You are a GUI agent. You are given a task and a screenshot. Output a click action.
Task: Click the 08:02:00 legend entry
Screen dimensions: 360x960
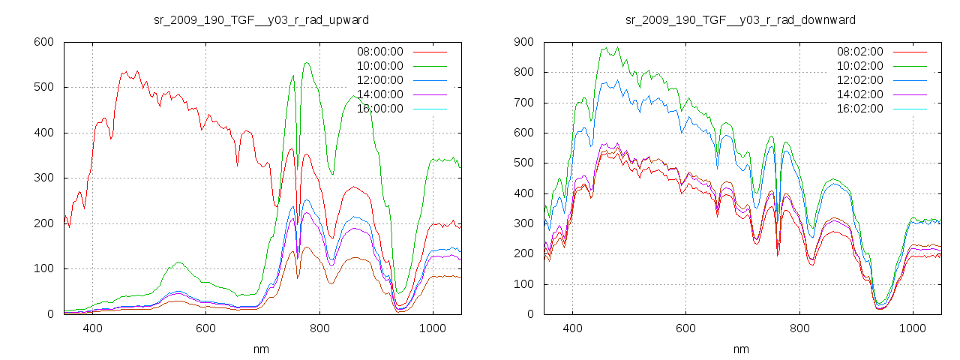[x=859, y=52]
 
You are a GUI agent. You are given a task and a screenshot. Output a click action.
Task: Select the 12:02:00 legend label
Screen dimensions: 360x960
[x=859, y=80]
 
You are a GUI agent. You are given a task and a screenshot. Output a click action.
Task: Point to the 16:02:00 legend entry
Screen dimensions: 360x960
[x=859, y=109]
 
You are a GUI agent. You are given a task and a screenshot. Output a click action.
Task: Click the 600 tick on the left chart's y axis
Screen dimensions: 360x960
[x=43, y=42]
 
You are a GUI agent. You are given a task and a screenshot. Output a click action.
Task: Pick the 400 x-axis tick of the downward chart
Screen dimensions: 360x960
[x=572, y=328]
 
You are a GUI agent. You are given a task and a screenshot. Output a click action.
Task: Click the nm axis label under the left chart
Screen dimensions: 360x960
[x=261, y=349]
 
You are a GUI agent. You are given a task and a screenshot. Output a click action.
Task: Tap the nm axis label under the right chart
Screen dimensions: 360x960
[x=741, y=349]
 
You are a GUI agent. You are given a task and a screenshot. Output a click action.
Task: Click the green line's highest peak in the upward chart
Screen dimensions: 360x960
[x=306, y=63]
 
